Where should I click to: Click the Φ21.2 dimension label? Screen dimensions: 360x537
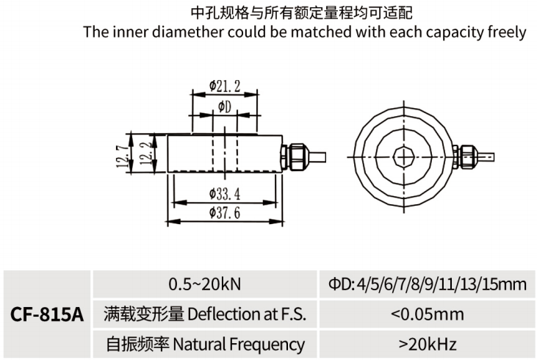pos(225,86)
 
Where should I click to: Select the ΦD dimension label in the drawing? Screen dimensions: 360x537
pos(225,108)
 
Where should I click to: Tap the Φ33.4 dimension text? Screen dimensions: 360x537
pos(225,194)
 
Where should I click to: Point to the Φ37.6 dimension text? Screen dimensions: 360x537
pos(225,213)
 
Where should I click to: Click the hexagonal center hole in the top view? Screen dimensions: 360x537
pos(403,155)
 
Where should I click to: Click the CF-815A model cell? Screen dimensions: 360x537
pos(47,314)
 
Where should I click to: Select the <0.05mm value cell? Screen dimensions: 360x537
pos(428,314)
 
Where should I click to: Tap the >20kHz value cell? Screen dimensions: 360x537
pos(428,343)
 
